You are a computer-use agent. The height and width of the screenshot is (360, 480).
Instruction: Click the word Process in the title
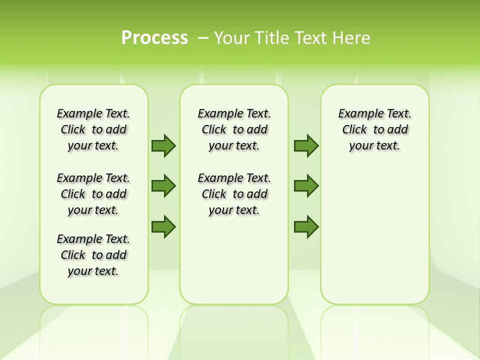click(154, 38)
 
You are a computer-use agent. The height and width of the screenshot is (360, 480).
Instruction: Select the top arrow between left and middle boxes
click(163, 145)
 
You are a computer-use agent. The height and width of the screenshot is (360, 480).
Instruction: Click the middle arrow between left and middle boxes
click(163, 186)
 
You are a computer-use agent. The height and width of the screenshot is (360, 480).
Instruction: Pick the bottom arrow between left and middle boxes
click(163, 226)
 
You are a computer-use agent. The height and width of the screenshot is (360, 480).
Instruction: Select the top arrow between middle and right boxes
click(306, 145)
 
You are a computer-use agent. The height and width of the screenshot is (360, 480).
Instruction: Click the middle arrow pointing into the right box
click(306, 186)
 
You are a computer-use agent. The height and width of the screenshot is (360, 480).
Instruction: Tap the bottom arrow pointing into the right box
click(306, 226)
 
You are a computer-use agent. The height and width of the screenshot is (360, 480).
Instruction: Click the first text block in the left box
click(93, 129)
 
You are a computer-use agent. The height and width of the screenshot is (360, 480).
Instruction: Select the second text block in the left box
click(93, 194)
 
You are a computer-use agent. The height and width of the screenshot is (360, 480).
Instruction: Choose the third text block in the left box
click(93, 255)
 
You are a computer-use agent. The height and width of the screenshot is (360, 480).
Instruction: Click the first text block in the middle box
click(234, 129)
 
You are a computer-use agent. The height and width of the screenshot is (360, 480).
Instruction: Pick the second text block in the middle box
click(234, 194)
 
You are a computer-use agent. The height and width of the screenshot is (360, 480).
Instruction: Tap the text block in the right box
click(374, 129)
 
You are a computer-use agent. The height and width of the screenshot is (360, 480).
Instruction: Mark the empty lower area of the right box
click(374, 235)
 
